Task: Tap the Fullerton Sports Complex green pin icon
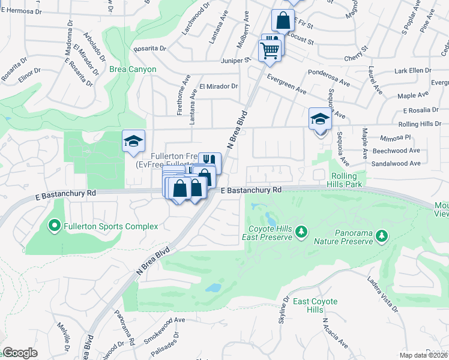[x=54, y=226]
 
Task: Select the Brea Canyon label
[x=133, y=69]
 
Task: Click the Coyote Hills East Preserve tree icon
[x=302, y=231]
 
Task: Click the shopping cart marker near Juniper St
[x=270, y=49]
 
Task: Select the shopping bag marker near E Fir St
[x=283, y=21]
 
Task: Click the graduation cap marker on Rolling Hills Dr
[x=320, y=119]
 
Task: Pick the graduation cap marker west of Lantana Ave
[x=133, y=142]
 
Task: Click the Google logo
[x=20, y=352]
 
